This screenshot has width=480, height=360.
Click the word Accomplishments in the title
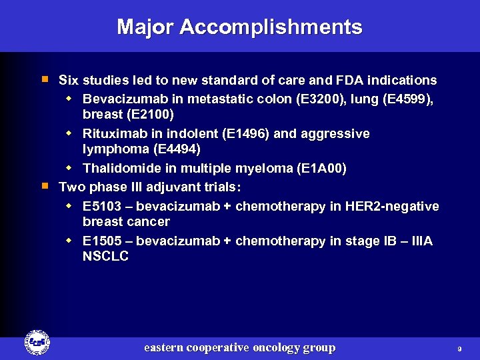(x=271, y=27)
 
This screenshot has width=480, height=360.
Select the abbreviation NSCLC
(x=105, y=257)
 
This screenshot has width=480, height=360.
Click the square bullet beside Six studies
(x=45, y=79)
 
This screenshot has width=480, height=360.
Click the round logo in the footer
(x=37, y=343)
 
